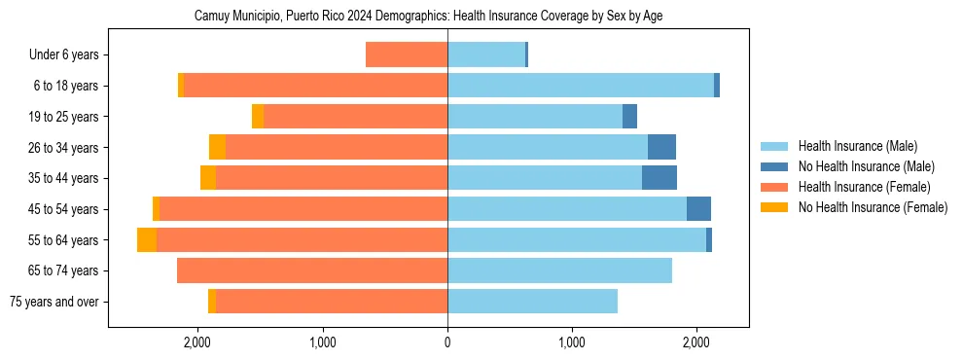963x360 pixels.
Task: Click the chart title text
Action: pyautogui.click(x=428, y=17)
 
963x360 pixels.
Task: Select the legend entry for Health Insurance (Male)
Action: pyautogui.click(x=856, y=147)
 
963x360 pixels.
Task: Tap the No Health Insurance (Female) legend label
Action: pyautogui.click(x=872, y=207)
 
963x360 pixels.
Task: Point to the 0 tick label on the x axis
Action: pyautogui.click(x=447, y=342)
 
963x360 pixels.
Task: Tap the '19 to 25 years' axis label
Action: pyautogui.click(x=62, y=117)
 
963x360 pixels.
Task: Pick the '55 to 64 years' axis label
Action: pyautogui.click(x=62, y=240)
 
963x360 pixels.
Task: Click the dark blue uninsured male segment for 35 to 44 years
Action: pyautogui.click(x=660, y=178)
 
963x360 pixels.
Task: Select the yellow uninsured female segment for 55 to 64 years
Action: pyautogui.click(x=147, y=240)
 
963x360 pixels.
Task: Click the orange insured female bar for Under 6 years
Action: pyautogui.click(x=407, y=55)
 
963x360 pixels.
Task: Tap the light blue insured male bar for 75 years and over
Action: pyautogui.click(x=532, y=302)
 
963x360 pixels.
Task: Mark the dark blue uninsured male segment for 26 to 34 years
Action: pyautogui.click(x=661, y=148)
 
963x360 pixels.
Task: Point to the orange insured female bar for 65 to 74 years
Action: pyautogui.click(x=312, y=270)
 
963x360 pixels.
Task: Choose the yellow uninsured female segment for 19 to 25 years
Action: pyautogui.click(x=258, y=117)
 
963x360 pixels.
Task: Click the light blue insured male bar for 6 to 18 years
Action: pyautogui.click(x=581, y=86)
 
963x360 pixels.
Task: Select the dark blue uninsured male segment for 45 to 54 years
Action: pyautogui.click(x=698, y=209)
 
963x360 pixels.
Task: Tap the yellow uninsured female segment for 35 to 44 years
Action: pyautogui.click(x=208, y=178)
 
